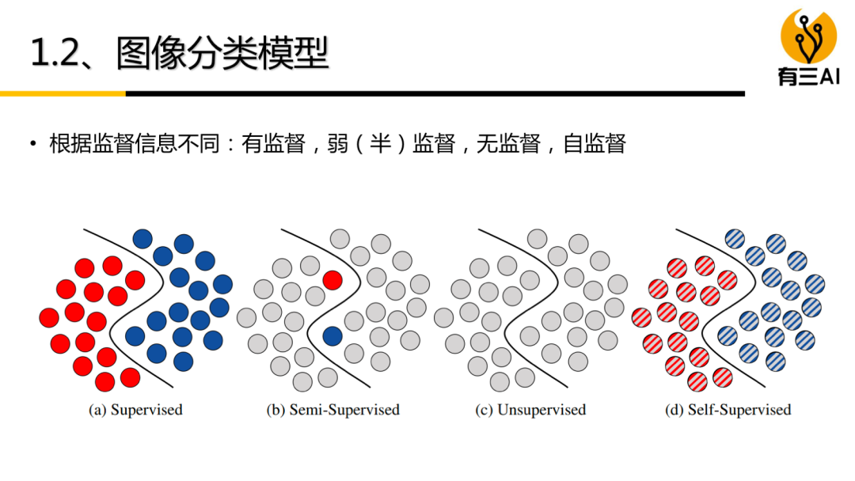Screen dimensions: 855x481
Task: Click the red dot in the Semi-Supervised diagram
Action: coord(332,279)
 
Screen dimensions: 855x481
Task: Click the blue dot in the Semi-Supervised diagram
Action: coord(332,336)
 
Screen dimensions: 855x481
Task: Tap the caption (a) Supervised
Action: coord(135,410)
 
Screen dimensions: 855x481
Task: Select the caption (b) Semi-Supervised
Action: coord(332,410)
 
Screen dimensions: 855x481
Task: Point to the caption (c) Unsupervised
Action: coord(530,410)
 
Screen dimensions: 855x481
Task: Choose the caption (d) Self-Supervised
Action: coord(728,410)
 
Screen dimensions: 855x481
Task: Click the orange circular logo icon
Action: coord(808,35)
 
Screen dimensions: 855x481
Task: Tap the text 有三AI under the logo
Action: coord(808,76)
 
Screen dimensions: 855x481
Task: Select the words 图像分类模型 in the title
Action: coord(222,53)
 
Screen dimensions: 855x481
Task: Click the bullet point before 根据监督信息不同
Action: coord(32,144)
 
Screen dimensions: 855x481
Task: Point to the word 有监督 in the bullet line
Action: coord(274,144)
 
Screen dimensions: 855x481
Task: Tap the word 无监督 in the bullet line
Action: coord(509,144)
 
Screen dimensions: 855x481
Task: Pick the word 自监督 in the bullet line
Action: coord(595,144)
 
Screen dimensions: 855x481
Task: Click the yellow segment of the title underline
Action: coord(63,93)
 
